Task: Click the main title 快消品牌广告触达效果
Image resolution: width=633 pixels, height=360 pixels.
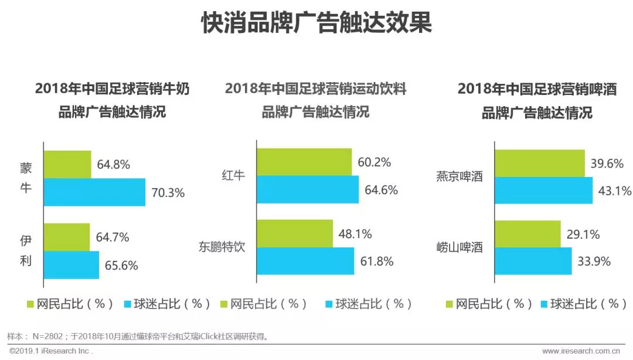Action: tap(316, 23)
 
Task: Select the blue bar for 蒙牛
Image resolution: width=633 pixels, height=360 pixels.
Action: tap(94, 192)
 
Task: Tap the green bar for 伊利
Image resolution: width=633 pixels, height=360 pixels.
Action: tap(66, 237)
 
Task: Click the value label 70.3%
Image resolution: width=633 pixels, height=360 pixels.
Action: tap(168, 192)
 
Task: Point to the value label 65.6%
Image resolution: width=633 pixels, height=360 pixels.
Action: tap(121, 265)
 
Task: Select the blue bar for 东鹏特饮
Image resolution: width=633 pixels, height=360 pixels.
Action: tap(305, 261)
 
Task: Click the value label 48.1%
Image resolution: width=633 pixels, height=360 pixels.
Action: tap(355, 234)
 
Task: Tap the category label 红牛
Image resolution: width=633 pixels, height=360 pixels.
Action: tap(233, 175)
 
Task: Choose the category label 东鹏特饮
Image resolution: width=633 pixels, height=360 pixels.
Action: tap(222, 247)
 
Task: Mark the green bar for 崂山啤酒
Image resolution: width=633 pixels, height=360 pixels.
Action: tap(527, 235)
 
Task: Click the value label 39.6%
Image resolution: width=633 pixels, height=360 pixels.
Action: tap(607, 164)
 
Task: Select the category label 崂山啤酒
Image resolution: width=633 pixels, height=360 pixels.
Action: tap(460, 247)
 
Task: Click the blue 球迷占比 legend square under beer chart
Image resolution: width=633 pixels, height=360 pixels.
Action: tap(552, 304)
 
